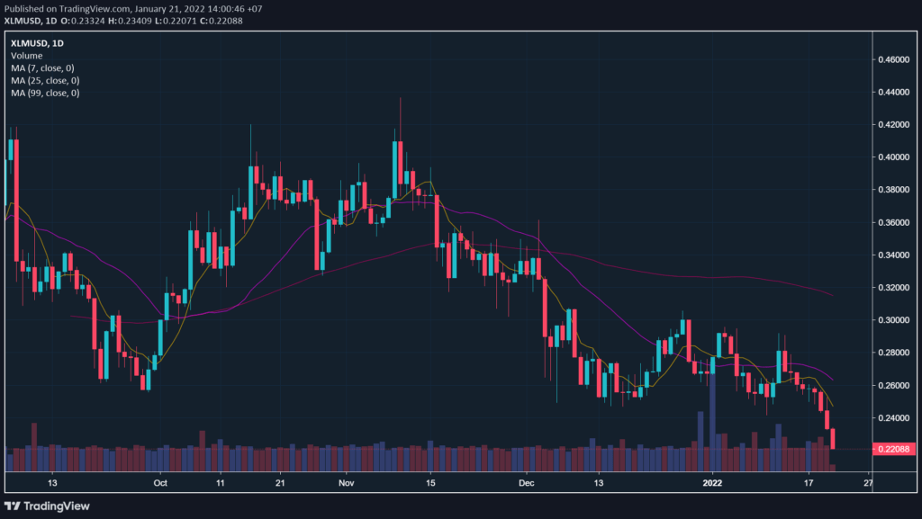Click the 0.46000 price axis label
(x=895, y=59)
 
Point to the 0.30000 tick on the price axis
(x=895, y=320)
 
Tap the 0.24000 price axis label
(x=895, y=418)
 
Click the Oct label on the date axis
(x=161, y=482)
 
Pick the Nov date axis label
(x=345, y=482)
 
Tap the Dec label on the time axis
(x=529, y=482)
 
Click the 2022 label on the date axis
(x=712, y=482)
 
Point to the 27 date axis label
(x=866, y=482)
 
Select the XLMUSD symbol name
(x=31, y=43)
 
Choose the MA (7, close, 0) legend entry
(x=44, y=68)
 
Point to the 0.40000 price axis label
(x=895, y=157)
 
